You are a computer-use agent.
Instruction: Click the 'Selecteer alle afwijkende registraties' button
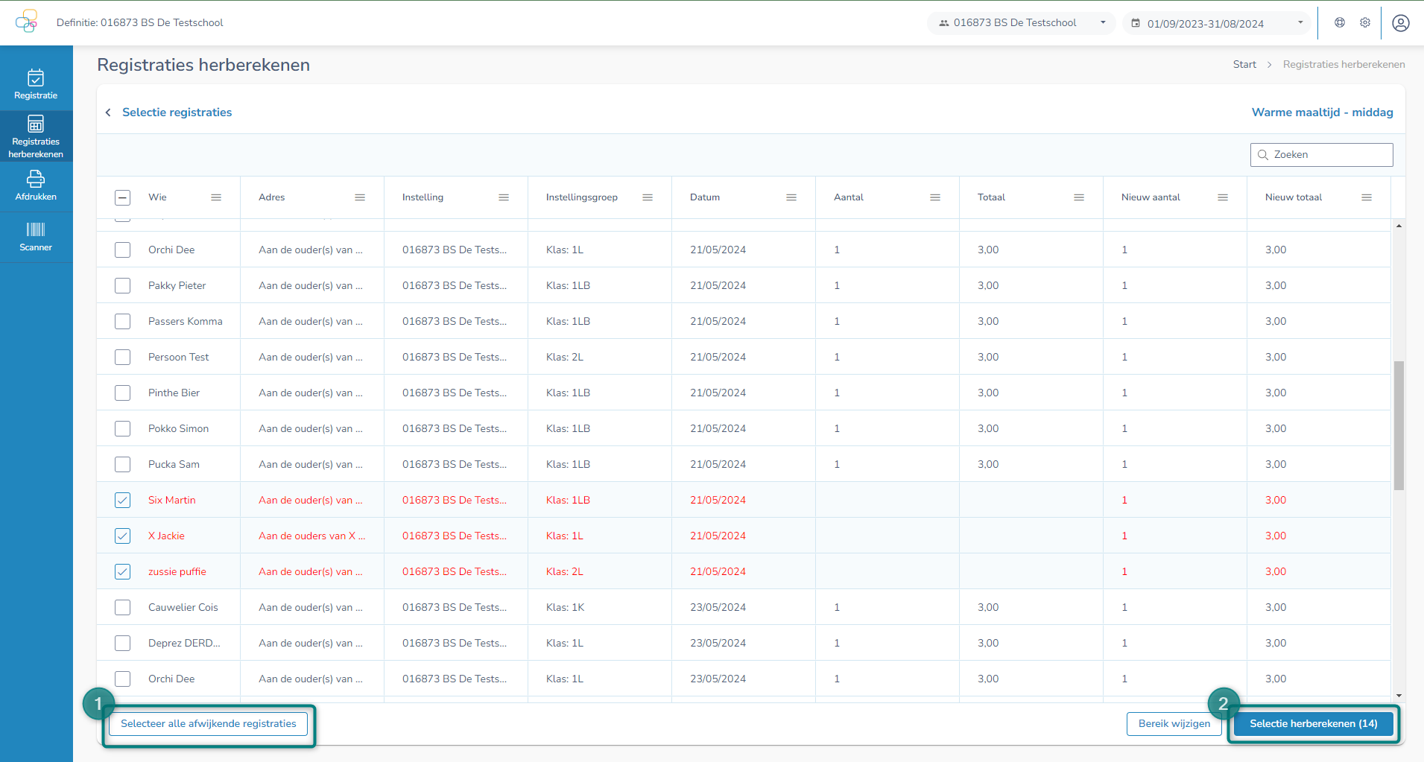coord(208,723)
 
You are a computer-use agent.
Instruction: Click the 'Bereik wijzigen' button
coord(1174,723)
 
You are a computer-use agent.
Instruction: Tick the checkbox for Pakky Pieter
coord(123,285)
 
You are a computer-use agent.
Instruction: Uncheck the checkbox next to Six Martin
coord(123,500)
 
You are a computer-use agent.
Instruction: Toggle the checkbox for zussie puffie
coord(123,571)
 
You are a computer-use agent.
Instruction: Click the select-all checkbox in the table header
coord(123,197)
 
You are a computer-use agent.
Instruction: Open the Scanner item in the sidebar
coord(36,237)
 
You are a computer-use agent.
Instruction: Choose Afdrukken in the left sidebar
coord(36,185)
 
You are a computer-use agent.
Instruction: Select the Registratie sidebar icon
coord(36,84)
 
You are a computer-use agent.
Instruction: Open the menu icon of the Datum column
coord(791,197)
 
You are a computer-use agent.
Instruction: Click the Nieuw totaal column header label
coord(1293,197)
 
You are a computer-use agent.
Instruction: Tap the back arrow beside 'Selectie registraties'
coord(108,112)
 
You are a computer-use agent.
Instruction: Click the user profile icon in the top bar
coord(1400,23)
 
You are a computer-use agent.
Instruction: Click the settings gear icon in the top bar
coord(1365,22)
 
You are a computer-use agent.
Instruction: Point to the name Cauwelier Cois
coord(183,607)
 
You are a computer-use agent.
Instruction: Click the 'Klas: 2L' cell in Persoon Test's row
coord(565,357)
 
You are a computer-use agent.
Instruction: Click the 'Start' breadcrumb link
coord(1244,65)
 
